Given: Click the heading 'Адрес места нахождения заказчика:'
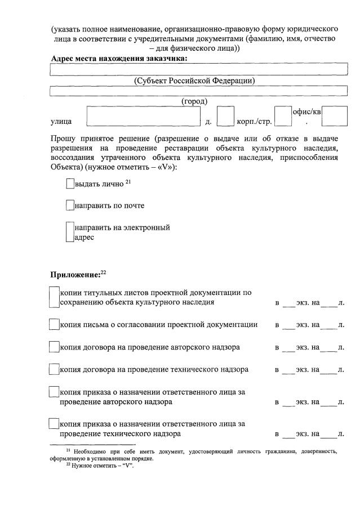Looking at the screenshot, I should tap(119, 58).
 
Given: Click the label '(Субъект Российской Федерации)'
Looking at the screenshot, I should tap(194, 80).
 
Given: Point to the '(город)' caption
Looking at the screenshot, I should tap(194, 101).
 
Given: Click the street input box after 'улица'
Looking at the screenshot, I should tap(144, 117).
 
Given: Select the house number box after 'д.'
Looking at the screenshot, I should tap(225, 117).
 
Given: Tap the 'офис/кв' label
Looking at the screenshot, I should tap(307, 113).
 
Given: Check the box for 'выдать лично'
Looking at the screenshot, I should tap(70, 184).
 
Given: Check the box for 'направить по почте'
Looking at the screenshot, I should tap(70, 205).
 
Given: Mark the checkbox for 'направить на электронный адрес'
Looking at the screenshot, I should tap(70, 232).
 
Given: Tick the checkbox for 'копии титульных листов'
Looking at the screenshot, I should tap(54, 297).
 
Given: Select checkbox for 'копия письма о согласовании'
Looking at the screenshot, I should tap(54, 325).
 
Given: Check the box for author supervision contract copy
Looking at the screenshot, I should tap(54, 347).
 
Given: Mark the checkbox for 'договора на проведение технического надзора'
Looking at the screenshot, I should tap(54, 370).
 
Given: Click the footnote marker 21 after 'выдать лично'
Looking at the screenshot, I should tap(128, 181).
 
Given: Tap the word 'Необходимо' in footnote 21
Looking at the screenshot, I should tap(90, 451).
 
